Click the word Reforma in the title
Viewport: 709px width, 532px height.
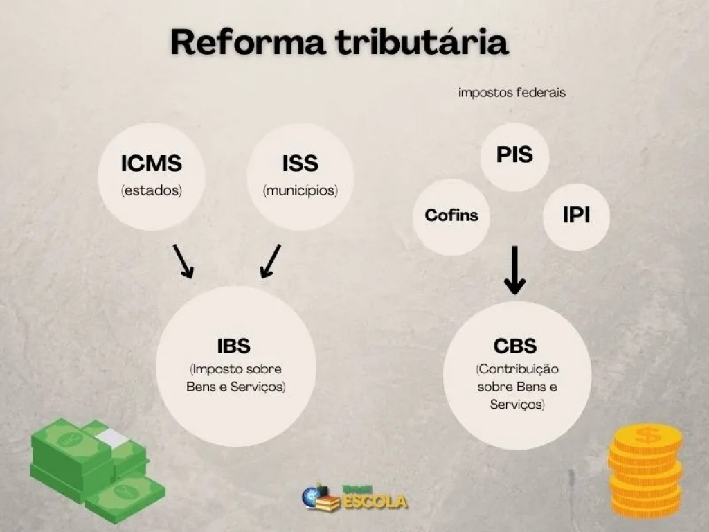[x=248, y=42]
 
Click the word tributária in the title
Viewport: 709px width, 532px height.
[x=422, y=42]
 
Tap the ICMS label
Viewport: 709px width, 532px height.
[x=152, y=163]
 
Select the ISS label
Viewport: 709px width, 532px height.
[x=300, y=163]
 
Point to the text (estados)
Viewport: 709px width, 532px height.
[x=152, y=190]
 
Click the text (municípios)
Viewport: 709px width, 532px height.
[x=300, y=190]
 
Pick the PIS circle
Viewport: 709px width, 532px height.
[x=514, y=156]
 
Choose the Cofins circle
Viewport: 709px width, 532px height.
[x=451, y=217]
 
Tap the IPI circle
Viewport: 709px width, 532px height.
[x=577, y=217]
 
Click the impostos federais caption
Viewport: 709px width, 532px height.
[x=512, y=93]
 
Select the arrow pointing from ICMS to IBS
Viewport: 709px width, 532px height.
[x=183, y=261]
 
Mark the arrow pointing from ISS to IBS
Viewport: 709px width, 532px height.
[x=271, y=261]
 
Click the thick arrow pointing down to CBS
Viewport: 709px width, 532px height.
[x=514, y=271]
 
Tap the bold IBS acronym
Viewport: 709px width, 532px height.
[x=234, y=346]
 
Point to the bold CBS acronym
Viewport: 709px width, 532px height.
[x=515, y=346]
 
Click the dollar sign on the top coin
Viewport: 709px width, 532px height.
[x=647, y=436]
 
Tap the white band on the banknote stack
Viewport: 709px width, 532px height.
[x=112, y=438]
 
